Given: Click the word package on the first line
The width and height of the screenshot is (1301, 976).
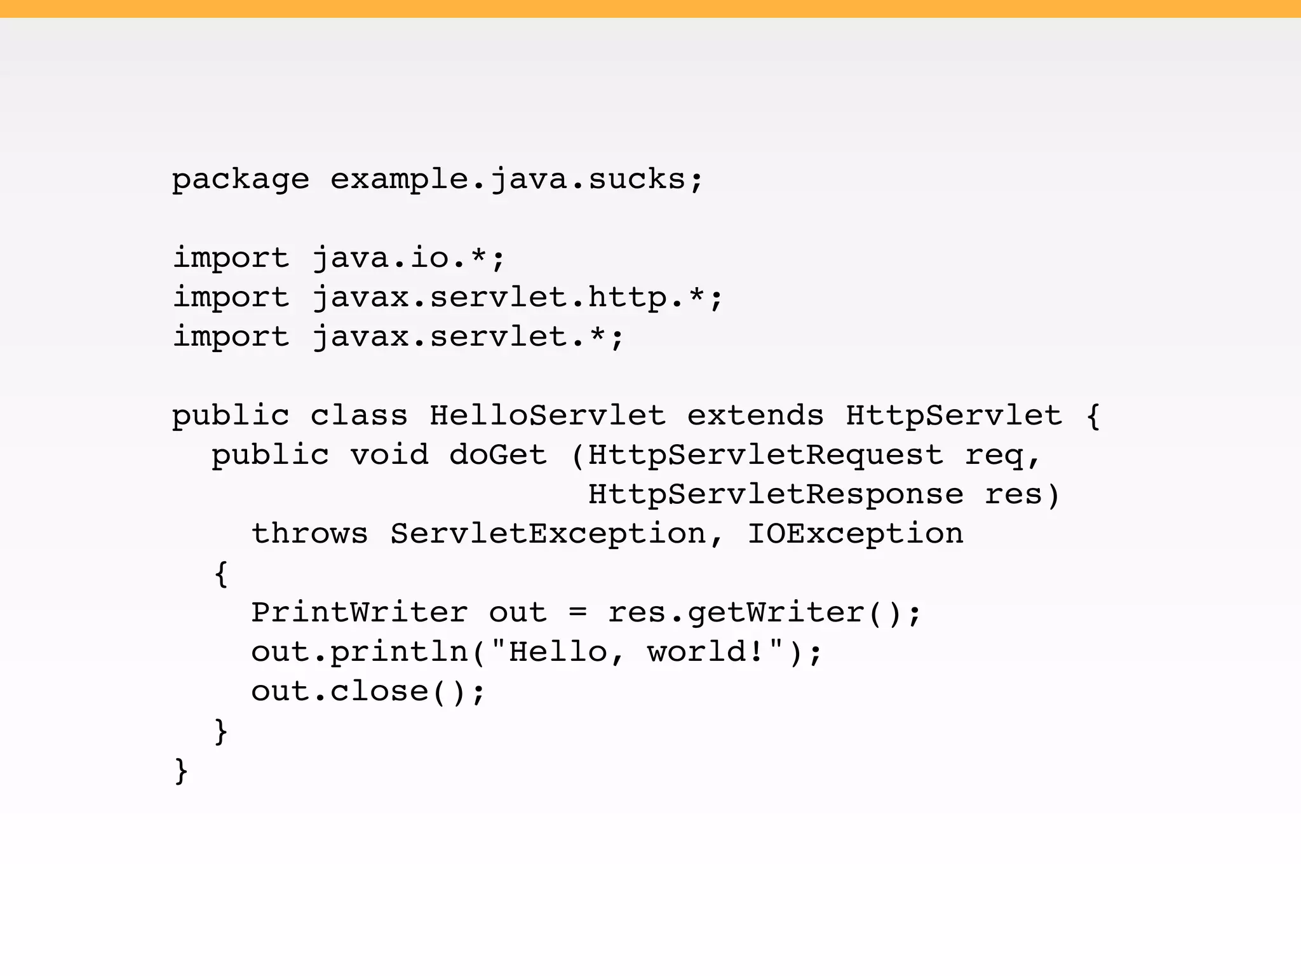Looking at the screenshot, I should [241, 180].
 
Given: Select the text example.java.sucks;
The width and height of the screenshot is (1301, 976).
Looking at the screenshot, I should [516, 180].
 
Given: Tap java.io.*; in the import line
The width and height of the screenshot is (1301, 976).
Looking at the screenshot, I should [408, 259].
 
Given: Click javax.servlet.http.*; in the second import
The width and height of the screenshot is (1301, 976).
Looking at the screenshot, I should [517, 298].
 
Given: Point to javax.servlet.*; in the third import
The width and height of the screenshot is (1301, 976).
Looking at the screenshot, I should [468, 337].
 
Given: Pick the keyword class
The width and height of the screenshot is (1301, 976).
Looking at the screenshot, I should [359, 416].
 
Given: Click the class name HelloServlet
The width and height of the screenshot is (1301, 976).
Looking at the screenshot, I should [548, 416].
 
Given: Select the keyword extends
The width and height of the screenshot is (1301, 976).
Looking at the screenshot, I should [755, 416].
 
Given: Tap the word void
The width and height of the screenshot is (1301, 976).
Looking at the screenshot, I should [389, 456].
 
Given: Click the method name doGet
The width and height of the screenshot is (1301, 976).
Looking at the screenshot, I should [498, 456].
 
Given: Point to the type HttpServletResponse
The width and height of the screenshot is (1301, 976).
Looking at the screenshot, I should [776, 495].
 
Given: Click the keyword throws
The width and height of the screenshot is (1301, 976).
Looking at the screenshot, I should [309, 534].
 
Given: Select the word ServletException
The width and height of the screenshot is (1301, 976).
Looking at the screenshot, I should [548, 534].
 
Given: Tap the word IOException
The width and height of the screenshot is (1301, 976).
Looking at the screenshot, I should [855, 534].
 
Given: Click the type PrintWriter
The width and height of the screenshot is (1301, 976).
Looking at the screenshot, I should [360, 613].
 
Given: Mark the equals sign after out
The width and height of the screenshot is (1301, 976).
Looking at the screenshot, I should [577, 613].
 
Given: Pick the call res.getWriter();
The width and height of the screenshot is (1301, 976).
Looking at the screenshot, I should [764, 613].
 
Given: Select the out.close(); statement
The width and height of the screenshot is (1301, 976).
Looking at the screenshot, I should [368, 692].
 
